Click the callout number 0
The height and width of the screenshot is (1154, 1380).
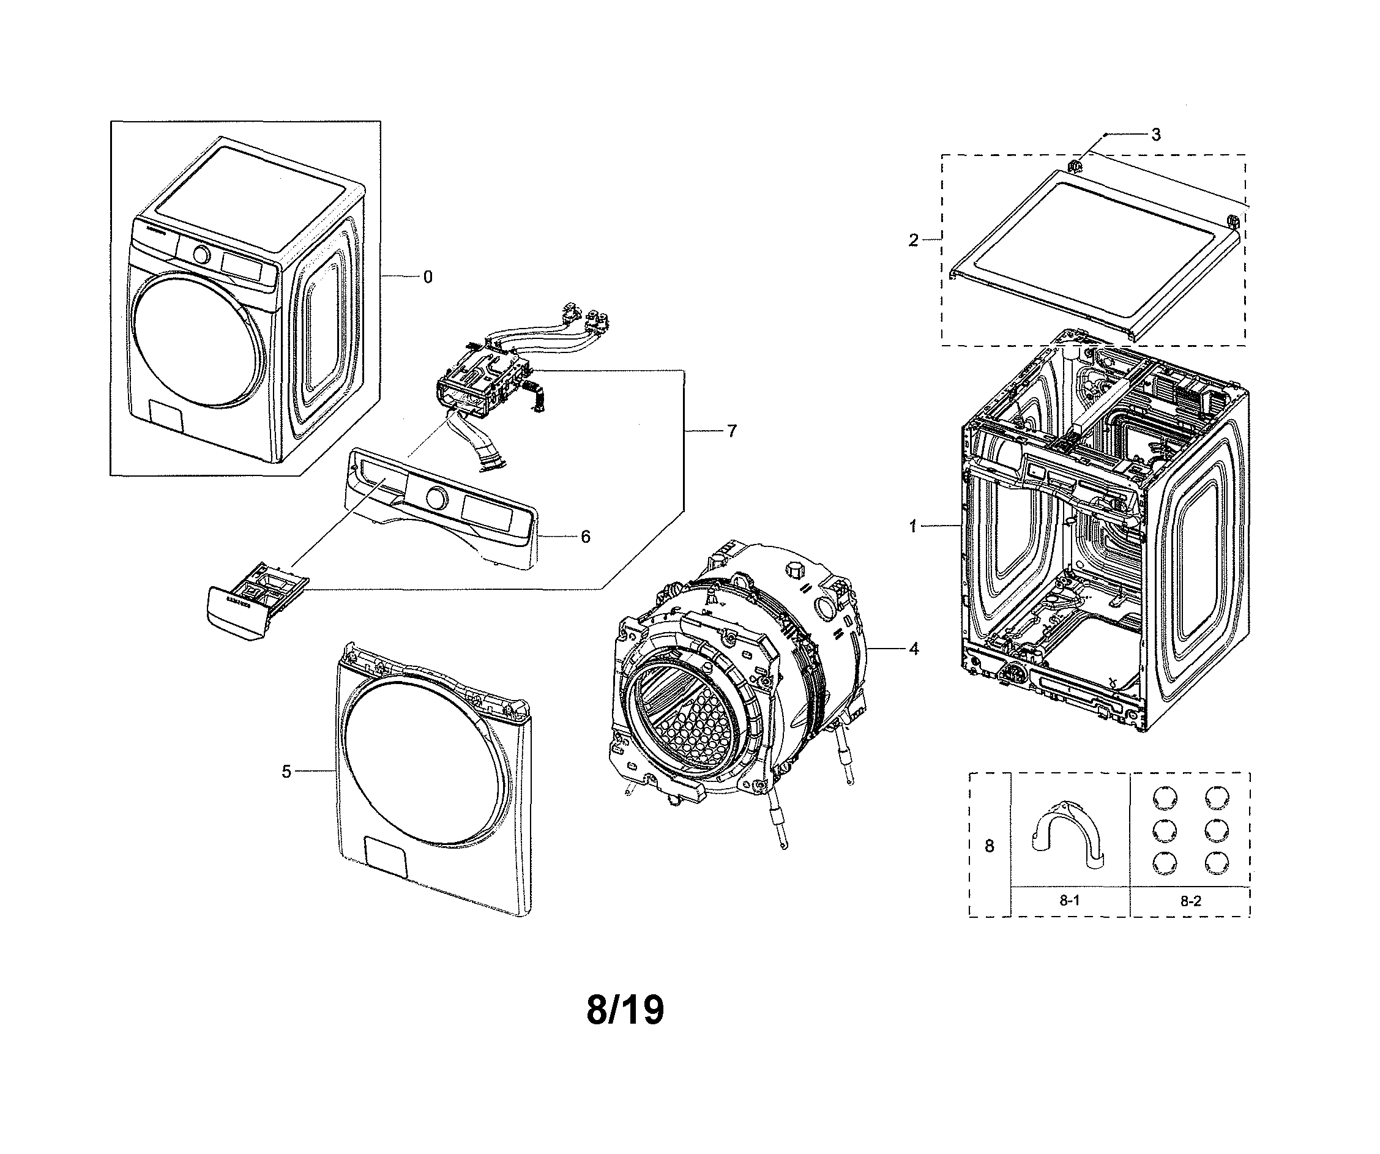428,277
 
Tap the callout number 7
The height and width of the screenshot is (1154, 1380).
731,431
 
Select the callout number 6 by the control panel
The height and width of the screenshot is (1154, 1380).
585,536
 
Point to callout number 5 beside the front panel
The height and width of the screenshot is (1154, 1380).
286,772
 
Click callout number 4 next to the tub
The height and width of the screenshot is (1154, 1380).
914,649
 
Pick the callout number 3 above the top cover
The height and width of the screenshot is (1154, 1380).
1156,135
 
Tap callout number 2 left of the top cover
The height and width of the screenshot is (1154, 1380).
913,240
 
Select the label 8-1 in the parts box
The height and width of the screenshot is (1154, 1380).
1069,901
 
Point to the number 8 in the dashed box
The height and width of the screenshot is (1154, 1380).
989,846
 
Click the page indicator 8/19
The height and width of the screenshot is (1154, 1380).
625,1011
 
